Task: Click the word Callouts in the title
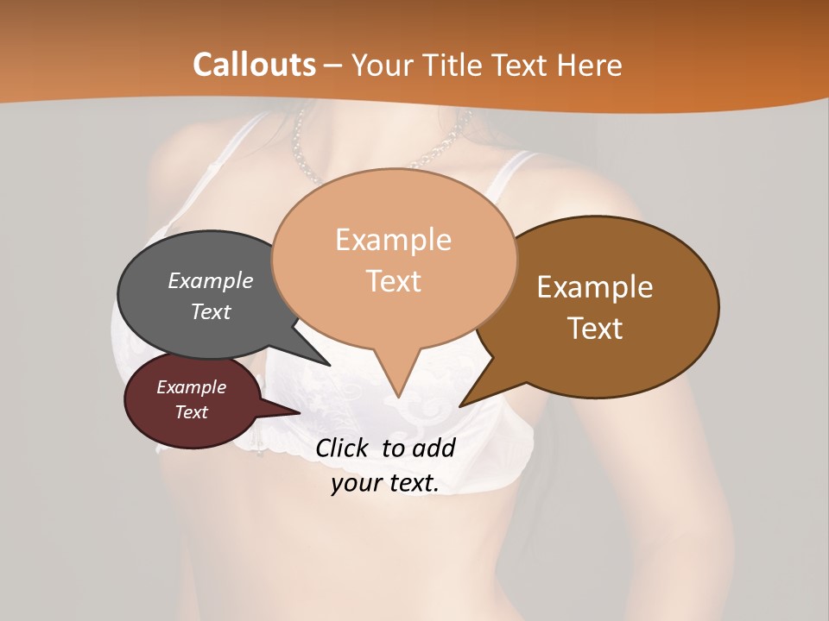[254, 65]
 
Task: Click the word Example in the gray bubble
[211, 280]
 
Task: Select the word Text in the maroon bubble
[192, 412]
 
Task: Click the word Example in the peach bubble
[394, 240]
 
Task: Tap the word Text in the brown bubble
[596, 329]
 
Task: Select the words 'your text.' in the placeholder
[385, 483]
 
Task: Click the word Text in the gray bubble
[211, 311]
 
